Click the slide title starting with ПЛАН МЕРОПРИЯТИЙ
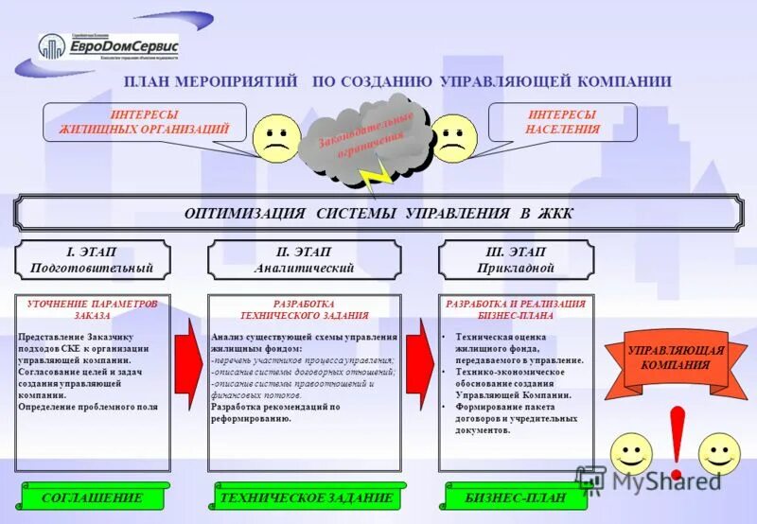(397, 81)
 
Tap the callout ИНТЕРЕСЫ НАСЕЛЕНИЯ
(563, 122)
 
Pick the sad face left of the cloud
(275, 138)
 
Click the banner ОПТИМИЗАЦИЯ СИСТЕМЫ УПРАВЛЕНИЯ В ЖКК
(378, 214)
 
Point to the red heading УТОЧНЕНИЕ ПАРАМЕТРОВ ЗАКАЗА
(92, 309)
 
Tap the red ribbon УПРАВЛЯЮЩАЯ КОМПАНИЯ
(675, 358)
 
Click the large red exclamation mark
(676, 441)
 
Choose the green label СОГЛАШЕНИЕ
(92, 498)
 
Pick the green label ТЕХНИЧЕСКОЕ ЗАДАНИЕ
(305, 498)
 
